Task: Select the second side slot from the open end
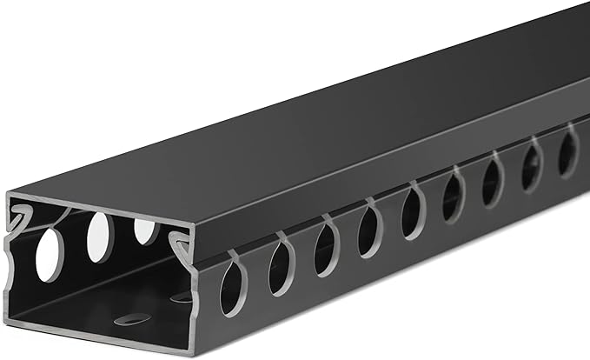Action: coord(281,266)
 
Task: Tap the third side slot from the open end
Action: coord(326,248)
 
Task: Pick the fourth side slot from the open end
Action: coord(369,230)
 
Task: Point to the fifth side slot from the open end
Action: coord(411,214)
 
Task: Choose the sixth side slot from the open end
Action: coord(452,197)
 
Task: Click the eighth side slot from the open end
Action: coord(530,166)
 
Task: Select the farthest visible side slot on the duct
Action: coord(567,152)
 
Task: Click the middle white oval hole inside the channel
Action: coord(100,235)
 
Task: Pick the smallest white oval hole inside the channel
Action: coord(145,230)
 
